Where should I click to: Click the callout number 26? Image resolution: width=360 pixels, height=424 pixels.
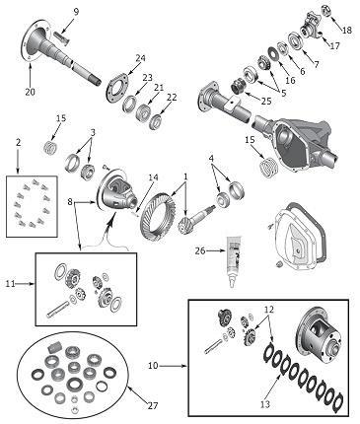(200, 251)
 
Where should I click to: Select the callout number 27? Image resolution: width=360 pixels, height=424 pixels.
(152, 405)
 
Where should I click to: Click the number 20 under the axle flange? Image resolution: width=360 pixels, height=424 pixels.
(30, 92)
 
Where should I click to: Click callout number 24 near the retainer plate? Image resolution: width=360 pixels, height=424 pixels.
(140, 58)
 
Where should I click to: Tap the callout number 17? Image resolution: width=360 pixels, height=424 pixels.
(334, 46)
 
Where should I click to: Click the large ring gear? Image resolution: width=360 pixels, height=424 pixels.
(158, 215)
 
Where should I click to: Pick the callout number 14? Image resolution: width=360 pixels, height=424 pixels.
(153, 177)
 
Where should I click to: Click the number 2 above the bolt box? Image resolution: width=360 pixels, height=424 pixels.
(19, 143)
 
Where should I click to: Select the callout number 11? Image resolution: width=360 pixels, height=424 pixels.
(10, 283)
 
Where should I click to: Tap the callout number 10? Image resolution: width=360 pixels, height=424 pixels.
(153, 365)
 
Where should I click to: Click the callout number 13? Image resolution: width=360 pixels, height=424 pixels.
(265, 404)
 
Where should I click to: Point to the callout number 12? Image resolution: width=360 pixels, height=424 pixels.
(268, 310)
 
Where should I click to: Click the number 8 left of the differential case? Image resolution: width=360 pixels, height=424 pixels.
(70, 202)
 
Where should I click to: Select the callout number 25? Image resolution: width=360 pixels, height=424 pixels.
(266, 102)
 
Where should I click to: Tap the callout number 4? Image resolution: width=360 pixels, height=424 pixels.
(211, 159)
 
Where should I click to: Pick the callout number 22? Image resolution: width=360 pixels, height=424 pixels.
(172, 98)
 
